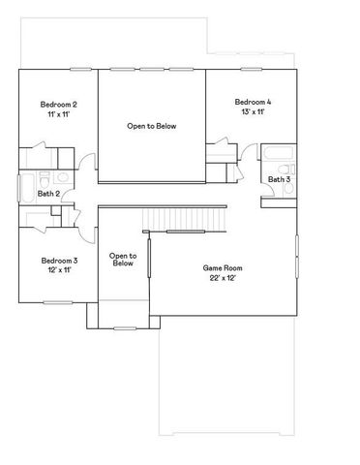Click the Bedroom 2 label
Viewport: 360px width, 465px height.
click(59, 105)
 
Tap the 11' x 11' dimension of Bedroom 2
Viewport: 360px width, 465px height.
click(59, 114)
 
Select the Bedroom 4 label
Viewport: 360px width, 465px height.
click(254, 102)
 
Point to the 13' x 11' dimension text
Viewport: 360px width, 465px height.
click(254, 112)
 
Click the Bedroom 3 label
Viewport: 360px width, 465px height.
click(59, 260)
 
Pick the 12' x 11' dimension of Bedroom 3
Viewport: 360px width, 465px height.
click(59, 269)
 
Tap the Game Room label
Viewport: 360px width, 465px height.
click(222, 267)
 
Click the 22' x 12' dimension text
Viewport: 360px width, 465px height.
click(222, 278)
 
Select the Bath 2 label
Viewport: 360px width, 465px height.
click(49, 194)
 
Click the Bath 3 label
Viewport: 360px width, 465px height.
click(279, 179)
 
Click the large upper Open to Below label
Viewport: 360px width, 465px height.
click(152, 126)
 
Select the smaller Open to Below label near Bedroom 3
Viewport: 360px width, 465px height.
click(123, 260)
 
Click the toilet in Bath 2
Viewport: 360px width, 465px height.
click(60, 177)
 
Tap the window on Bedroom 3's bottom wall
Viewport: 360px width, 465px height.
click(58, 303)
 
